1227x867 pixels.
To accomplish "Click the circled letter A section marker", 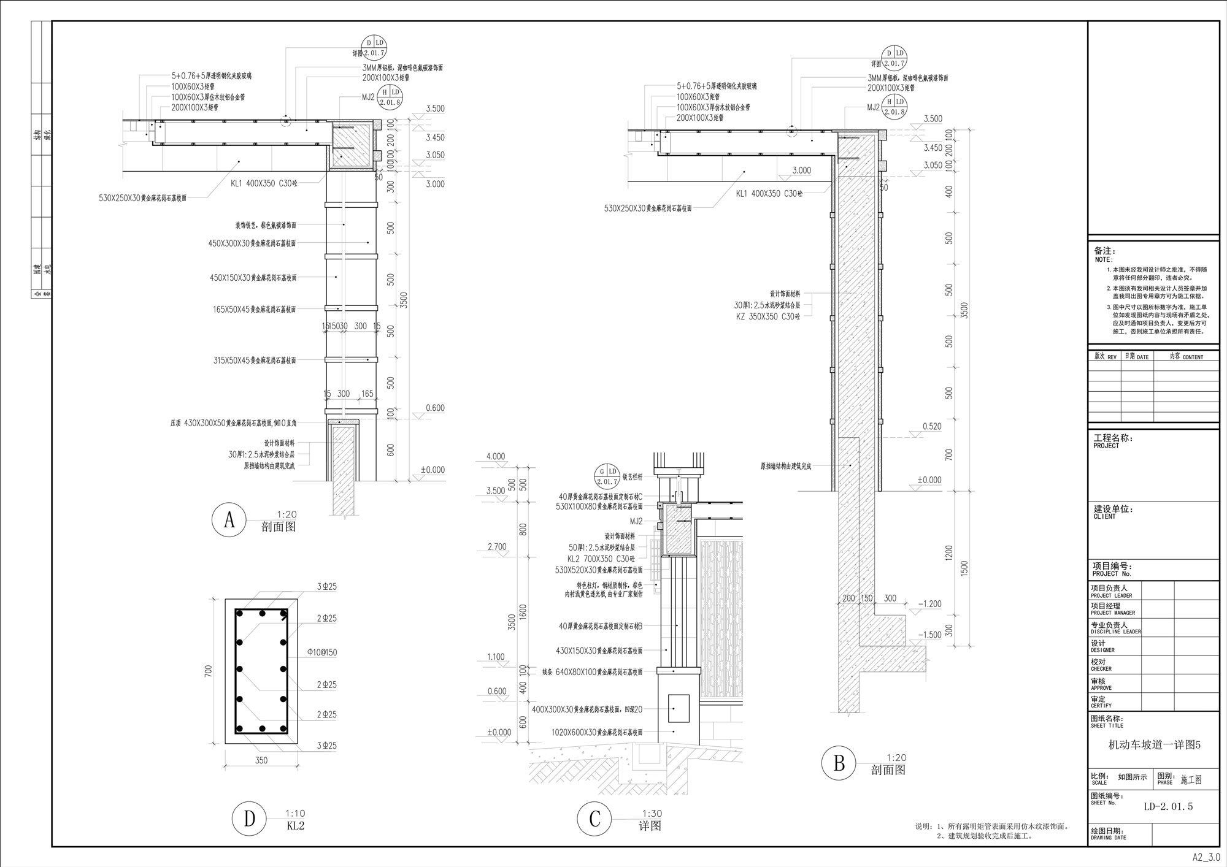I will tap(229, 521).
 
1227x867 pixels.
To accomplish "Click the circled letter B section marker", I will tap(839, 764).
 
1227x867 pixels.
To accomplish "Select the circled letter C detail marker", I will tap(594, 820).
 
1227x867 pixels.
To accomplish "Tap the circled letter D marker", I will tap(249, 820).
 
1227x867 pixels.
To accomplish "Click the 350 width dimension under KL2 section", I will tap(261, 760).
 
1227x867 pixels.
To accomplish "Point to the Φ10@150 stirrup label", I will tap(322, 652).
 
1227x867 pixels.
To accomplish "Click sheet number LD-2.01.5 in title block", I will tap(1168, 807).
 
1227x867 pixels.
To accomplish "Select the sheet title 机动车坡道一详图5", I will tap(1154, 745).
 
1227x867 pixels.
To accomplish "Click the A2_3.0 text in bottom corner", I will tap(1206, 858).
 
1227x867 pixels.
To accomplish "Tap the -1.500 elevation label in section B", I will tap(929, 635).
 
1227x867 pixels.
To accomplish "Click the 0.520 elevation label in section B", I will tap(931, 426).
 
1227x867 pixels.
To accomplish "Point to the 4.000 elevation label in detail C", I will tap(495, 456).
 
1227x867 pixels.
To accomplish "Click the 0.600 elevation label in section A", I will tap(434, 408).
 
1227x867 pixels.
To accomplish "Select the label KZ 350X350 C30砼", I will tap(768, 316).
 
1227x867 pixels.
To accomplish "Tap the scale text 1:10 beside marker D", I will tap(295, 814).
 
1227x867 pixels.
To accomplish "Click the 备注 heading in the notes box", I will tap(1105, 251).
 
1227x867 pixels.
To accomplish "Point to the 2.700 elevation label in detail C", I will tap(496, 546).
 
